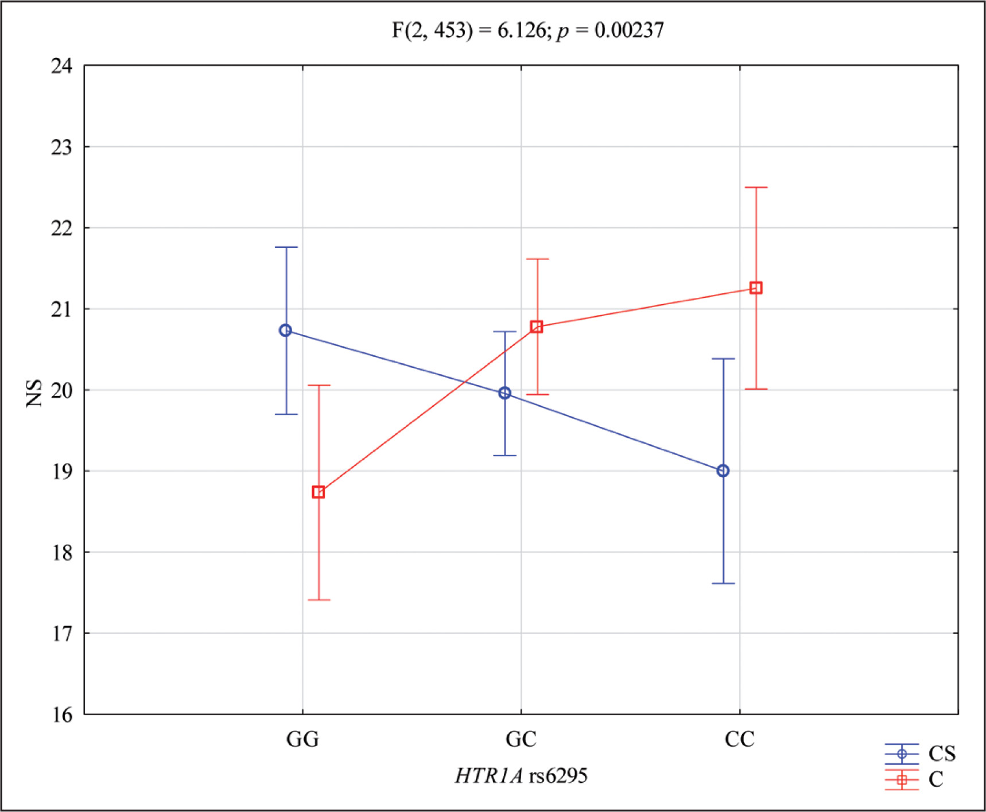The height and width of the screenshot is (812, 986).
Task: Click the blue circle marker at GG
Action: click(285, 331)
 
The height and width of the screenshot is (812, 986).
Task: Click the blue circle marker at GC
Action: click(504, 393)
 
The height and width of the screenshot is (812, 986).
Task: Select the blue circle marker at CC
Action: click(723, 471)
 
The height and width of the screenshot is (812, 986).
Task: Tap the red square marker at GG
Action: click(319, 492)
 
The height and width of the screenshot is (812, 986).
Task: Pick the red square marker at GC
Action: click(537, 327)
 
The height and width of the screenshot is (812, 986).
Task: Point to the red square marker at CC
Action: click(756, 288)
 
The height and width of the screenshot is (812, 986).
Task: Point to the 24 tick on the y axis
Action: click(62, 67)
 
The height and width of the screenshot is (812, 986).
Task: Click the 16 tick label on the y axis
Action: click(62, 715)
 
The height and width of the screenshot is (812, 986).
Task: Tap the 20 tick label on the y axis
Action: click(62, 391)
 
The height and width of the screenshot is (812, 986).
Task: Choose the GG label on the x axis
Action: click(302, 739)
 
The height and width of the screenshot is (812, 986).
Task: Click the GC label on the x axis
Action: click(521, 739)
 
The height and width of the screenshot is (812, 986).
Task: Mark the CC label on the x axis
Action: click(740, 739)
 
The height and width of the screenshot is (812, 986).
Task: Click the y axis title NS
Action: click(35, 393)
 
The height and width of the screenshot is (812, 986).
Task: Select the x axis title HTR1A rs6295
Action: click(521, 776)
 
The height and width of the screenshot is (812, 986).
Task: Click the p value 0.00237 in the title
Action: click(629, 30)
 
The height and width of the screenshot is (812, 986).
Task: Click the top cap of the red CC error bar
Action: click(756, 188)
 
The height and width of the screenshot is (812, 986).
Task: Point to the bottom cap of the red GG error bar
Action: click(319, 600)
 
